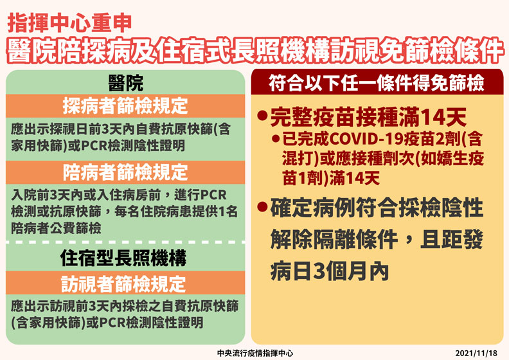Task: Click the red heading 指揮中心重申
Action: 71,23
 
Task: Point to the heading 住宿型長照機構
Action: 126,258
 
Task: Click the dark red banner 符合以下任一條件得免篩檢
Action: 377,84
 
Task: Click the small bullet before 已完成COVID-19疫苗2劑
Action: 276,138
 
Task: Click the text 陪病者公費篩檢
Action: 57,228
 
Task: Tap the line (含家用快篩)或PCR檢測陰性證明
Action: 107,320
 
